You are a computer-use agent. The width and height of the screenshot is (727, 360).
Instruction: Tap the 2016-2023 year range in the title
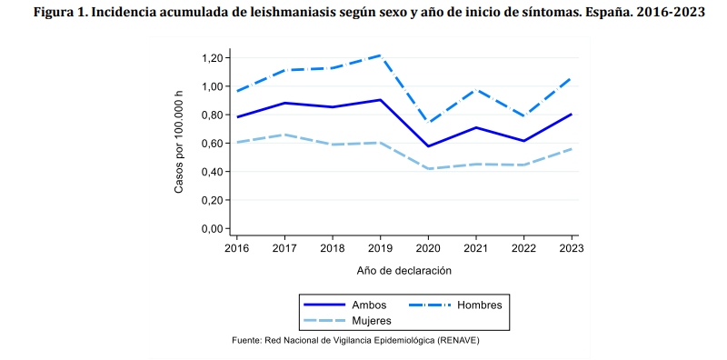[x=670, y=13]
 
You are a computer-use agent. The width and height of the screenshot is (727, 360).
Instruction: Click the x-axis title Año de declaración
[x=404, y=270]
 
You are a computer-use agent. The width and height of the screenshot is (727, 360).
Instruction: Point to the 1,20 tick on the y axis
[x=212, y=58]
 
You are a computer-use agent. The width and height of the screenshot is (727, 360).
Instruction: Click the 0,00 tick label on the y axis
[x=212, y=228]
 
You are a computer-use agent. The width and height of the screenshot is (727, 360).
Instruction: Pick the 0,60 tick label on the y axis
[x=212, y=144]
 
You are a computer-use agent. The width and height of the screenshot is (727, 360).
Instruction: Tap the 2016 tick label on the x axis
[x=236, y=247]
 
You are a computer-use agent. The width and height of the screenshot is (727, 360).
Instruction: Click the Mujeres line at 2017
[x=285, y=135]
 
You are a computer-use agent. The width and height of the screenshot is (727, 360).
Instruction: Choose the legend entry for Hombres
[x=478, y=305]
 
